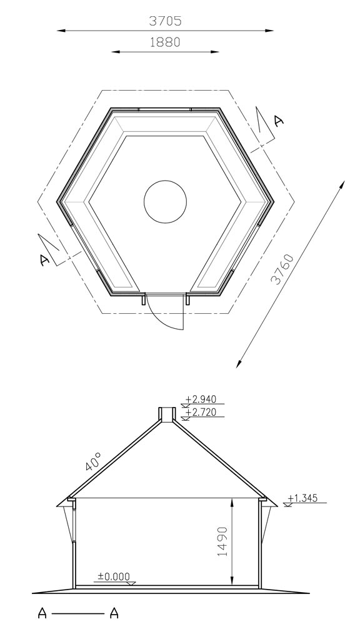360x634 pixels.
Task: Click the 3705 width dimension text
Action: coord(165,21)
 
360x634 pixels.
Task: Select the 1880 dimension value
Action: coord(165,42)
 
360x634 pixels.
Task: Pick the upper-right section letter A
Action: coord(278,121)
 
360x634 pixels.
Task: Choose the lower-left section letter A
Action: coord(45,260)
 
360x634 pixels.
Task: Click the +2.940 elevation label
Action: coord(201,400)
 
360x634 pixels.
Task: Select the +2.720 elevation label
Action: coord(201,412)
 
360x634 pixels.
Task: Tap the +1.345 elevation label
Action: coord(303,498)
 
